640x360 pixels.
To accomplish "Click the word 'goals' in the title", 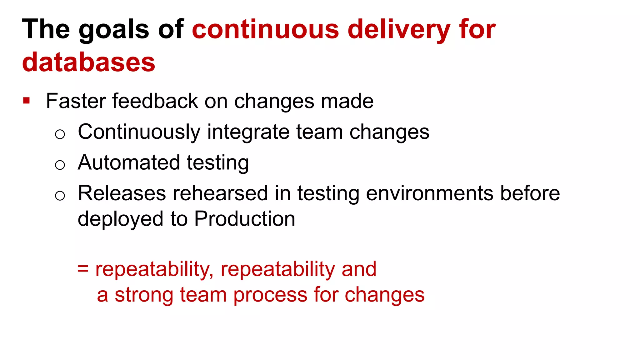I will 114,29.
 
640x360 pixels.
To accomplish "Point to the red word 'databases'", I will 89,62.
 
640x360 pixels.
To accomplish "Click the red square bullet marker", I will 27,101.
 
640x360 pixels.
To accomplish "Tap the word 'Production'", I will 245,218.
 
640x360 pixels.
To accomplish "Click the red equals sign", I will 83,268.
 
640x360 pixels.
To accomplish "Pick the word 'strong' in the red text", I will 144,295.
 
